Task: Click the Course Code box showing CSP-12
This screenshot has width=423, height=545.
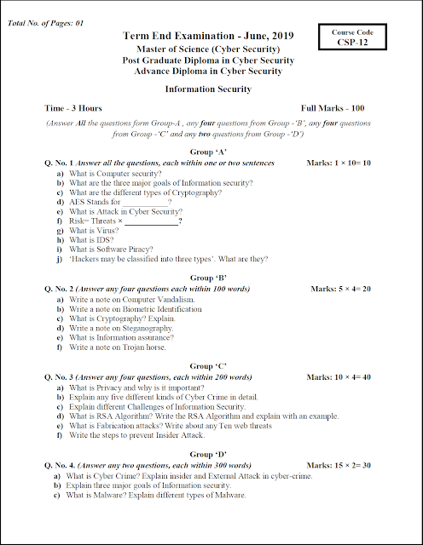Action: coord(357,37)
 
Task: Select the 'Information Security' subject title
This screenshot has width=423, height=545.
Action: coord(207,89)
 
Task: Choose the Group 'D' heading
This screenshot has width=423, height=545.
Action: coord(208,455)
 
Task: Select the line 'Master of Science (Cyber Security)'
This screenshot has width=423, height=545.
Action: coord(208,49)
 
